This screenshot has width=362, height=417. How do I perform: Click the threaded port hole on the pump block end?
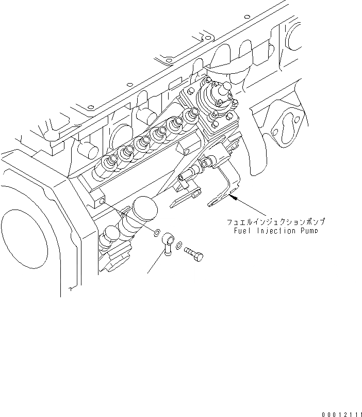[101, 199]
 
